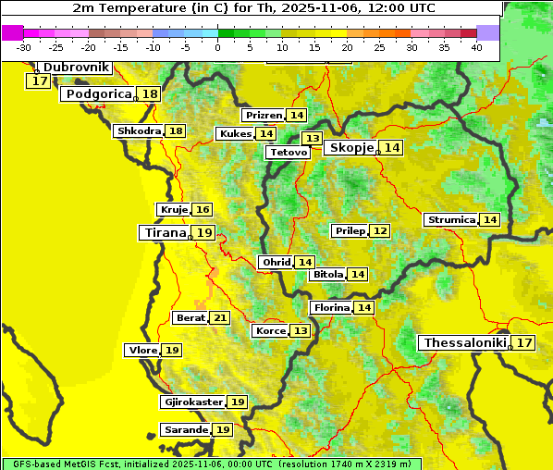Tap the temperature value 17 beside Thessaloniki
[524, 343]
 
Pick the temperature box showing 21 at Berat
[219, 317]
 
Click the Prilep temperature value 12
[380, 230]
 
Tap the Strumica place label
[450, 219]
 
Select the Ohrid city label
[276, 263]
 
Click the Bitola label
[328, 274]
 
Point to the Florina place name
[331, 307]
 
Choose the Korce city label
[270, 330]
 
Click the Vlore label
[141, 350]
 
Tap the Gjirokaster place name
[192, 402]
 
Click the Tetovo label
[288, 152]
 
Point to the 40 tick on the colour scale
[476, 47]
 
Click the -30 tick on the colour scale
[24, 47]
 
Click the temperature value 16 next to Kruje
[203, 210]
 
